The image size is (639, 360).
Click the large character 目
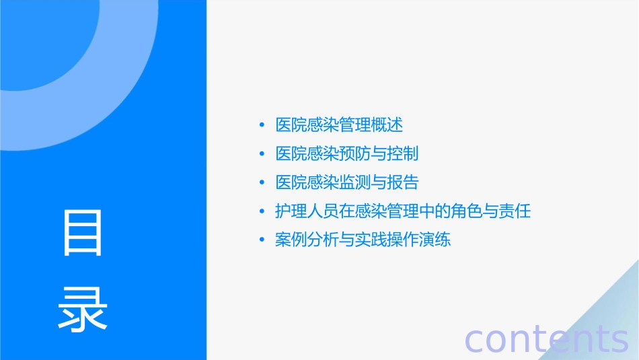click(x=83, y=233)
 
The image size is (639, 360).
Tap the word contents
click(x=547, y=338)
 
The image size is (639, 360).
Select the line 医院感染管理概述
click(x=339, y=124)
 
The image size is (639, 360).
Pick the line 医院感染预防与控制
click(x=347, y=153)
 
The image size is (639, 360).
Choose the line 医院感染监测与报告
click(x=347, y=182)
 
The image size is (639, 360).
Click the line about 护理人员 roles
click(x=403, y=211)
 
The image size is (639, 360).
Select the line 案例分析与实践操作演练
click(x=363, y=240)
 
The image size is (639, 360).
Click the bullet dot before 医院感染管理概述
click(x=262, y=125)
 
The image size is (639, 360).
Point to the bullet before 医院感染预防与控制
click(x=262, y=154)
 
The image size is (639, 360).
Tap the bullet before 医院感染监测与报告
click(x=262, y=183)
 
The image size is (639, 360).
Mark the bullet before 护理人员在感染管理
click(x=262, y=212)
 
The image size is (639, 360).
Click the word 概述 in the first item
click(x=387, y=124)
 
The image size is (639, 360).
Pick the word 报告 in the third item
click(x=403, y=182)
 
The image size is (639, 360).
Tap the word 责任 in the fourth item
click(x=515, y=211)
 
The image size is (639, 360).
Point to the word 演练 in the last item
click(x=435, y=240)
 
